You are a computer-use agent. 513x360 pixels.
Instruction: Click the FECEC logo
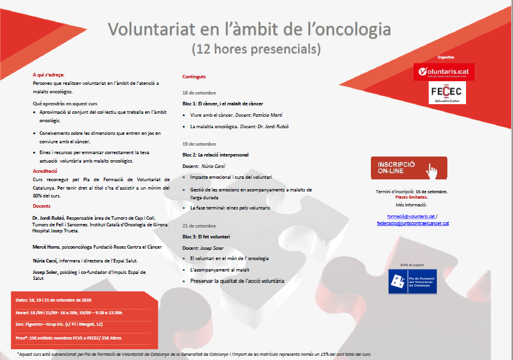point(446,93)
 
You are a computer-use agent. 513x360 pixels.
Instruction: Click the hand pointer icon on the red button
point(432,170)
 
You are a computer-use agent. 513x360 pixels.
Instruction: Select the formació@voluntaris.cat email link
point(410,216)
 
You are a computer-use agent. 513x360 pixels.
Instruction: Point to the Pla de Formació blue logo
point(412,282)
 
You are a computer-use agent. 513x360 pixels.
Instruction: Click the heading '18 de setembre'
point(199,93)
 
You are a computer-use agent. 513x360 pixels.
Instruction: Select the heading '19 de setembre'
point(199,144)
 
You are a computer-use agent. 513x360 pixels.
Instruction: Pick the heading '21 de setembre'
point(199,226)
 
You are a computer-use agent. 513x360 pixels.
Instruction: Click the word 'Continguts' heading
point(194,77)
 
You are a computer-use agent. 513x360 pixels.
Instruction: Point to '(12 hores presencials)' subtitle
point(256,47)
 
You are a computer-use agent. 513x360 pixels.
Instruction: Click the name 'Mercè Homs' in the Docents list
point(46,247)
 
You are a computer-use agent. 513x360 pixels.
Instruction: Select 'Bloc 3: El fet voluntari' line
point(207,237)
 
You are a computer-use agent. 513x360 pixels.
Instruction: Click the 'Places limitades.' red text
point(411,197)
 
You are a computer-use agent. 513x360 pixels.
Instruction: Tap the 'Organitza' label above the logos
point(446,58)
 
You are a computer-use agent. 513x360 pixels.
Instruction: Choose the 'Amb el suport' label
point(412,264)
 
